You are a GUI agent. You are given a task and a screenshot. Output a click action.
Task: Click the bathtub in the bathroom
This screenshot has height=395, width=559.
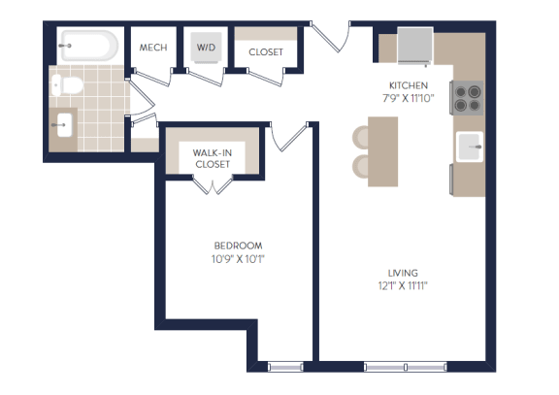click(88, 46)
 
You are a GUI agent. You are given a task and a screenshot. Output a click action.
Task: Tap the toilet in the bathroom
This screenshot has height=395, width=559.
click(67, 85)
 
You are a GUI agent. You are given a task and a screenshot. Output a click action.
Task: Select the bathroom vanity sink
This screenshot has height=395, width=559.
click(64, 125)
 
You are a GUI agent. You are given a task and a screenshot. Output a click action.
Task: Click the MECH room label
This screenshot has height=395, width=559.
click(153, 48)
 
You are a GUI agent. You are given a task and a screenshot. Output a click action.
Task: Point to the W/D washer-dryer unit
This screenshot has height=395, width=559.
click(206, 48)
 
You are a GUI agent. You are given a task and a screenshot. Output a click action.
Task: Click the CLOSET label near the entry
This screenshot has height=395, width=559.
click(266, 52)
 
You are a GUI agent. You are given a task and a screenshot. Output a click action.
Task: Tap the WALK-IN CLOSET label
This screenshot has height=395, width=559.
click(213, 158)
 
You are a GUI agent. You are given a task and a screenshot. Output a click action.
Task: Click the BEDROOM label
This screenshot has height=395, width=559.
click(238, 246)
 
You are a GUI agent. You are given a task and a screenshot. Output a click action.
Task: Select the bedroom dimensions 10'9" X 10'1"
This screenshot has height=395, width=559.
click(238, 259)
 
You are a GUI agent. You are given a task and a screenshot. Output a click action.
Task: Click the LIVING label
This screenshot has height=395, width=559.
click(403, 273)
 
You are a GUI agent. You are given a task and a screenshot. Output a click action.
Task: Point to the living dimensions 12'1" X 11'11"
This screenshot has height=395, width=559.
click(403, 286)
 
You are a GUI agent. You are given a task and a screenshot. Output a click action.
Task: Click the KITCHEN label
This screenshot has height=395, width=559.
click(409, 85)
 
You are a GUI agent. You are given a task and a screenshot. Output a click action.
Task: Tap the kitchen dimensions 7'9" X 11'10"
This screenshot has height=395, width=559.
click(409, 98)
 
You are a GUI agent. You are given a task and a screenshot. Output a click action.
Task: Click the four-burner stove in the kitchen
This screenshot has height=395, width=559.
click(467, 98)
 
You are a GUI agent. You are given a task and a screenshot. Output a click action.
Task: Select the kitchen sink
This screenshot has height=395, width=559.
click(470, 147)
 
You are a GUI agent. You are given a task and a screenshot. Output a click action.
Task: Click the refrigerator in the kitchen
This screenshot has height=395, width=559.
click(415, 46)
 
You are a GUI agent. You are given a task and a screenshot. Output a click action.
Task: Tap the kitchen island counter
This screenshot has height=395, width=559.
click(383, 151)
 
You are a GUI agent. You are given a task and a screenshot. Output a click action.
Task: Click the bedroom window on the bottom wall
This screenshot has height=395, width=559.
click(285, 367)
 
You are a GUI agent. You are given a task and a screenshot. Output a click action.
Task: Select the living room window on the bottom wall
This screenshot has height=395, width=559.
click(406, 367)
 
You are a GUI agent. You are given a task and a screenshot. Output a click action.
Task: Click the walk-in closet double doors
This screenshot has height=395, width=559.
click(213, 185)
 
